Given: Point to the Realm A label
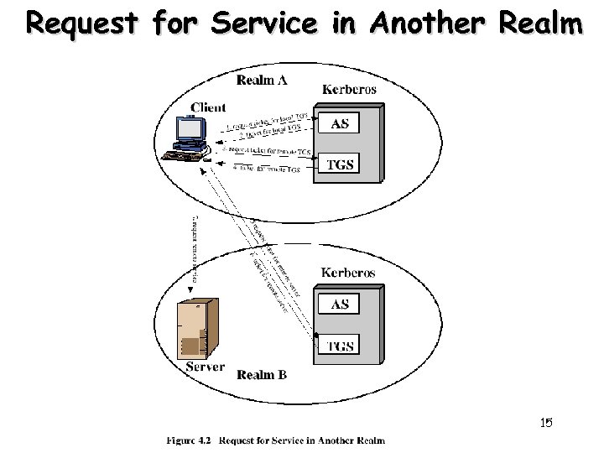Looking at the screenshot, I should pos(261,81).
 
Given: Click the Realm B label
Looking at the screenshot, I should pos(262,374).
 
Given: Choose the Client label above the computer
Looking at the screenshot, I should pos(208,107).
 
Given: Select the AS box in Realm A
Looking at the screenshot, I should pos(340,123).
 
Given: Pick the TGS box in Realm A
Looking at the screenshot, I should pos(340,164).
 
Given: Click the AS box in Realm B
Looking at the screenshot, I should pos(340,305).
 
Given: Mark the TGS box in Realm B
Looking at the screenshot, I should pos(340,346).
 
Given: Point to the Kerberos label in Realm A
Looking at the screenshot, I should pos(350,88).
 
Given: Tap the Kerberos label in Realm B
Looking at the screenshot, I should pos(350,273).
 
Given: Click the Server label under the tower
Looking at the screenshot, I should pos(204,367).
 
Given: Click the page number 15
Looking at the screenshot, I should pos(546,423).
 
